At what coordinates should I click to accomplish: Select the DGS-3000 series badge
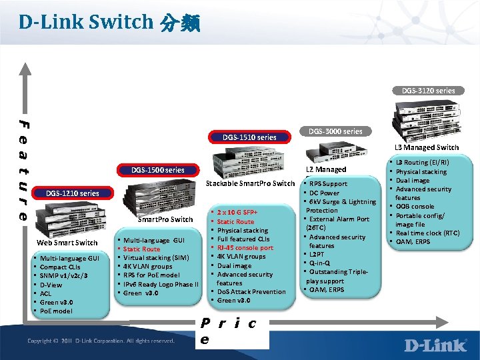pyautogui.click(x=335, y=131)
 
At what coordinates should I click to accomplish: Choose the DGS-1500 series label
pyautogui.click(x=158, y=170)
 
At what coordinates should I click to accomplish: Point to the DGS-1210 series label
pyautogui.click(x=73, y=193)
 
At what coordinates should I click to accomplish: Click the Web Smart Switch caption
pyautogui.click(x=67, y=243)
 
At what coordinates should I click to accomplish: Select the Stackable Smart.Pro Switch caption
pyautogui.click(x=251, y=183)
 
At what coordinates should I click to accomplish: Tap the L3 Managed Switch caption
pyautogui.click(x=427, y=147)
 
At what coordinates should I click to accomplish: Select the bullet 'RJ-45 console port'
pyautogui.click(x=245, y=247)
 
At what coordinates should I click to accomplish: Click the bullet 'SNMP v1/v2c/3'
pyautogui.click(x=64, y=275)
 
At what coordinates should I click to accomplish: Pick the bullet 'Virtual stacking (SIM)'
pyautogui.click(x=156, y=257)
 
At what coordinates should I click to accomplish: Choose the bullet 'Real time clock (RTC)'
pyautogui.click(x=427, y=233)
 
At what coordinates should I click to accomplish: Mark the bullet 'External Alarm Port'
pyautogui.click(x=339, y=219)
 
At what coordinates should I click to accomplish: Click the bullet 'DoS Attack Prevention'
pyautogui.click(x=251, y=291)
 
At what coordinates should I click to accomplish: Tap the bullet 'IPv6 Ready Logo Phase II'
pyautogui.click(x=161, y=284)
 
